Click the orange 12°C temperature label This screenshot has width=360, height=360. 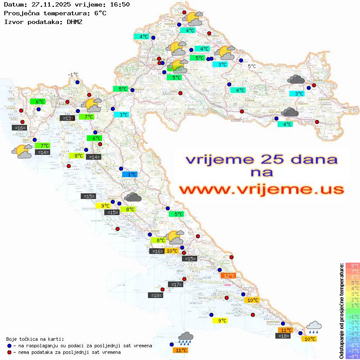coord(228,275)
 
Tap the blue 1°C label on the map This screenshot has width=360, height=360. coord(130,174)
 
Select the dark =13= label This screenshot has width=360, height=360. coord(67,118)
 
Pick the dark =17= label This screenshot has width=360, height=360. coord(175,285)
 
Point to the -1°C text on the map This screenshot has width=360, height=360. coord(73,75)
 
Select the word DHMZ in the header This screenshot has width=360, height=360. coord(75,21)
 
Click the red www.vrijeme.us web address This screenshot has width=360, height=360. coord(261,189)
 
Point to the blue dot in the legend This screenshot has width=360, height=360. coord(10,346)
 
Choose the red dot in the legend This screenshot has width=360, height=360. coord(10,352)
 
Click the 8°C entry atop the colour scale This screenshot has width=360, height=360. coord(352,265)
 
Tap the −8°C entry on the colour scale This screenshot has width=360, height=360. coord(352,357)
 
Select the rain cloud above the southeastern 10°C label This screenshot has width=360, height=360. coord(314,327)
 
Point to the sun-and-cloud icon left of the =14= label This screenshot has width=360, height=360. coord(22,151)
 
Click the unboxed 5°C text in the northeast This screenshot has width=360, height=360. coord(252,66)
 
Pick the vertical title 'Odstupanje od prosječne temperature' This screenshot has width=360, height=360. coord(342,311)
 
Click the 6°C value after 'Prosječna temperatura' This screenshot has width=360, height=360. coord(100,13)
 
